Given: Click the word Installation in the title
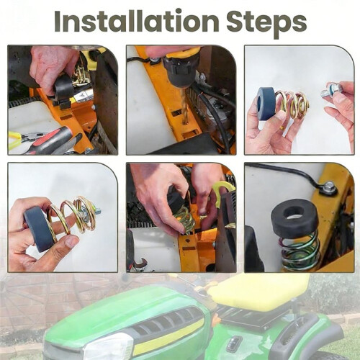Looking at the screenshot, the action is click(137, 21).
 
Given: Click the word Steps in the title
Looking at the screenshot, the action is click(266, 23).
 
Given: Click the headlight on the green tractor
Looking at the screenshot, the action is click(109, 346).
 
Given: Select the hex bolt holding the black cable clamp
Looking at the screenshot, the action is click(329, 186).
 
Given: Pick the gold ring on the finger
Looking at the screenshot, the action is click(282, 127).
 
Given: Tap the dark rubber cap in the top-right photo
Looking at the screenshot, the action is click(266, 104).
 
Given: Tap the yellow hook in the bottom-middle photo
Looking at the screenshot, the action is click(222, 192).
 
